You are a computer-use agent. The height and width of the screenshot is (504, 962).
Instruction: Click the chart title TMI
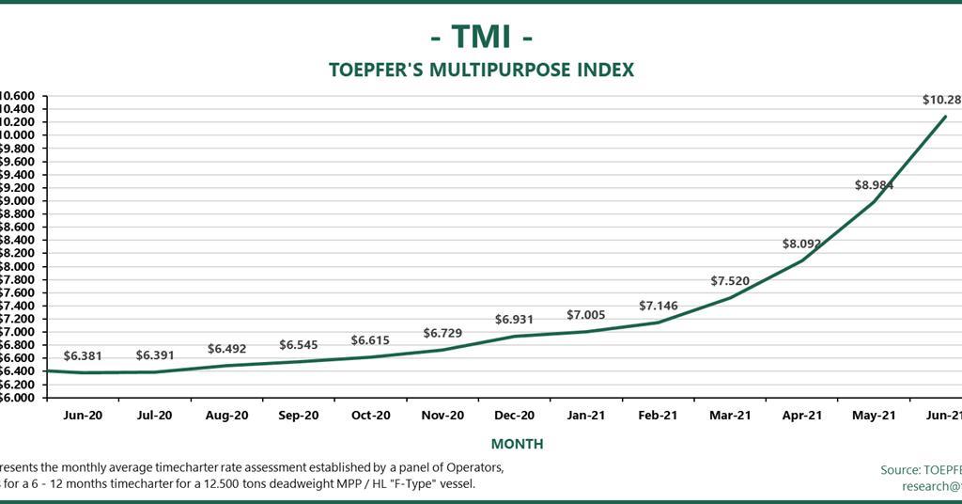point(481,36)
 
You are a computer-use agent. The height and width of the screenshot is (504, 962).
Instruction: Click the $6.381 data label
point(83,356)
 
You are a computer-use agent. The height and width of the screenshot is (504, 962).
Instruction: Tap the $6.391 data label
point(155,355)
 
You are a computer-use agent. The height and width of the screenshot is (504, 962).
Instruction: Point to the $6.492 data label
point(226,349)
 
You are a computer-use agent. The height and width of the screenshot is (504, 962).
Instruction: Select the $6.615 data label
point(370,339)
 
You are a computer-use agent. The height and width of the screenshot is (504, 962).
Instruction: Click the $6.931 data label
point(514,320)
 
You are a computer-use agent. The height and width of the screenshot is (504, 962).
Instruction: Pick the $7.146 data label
point(658,306)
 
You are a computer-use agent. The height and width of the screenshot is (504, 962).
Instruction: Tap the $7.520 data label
point(730,281)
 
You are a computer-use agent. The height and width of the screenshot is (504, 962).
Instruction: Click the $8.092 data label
point(801,244)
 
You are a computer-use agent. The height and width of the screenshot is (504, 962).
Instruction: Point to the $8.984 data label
point(873,185)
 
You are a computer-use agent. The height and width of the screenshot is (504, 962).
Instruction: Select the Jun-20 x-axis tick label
point(83,415)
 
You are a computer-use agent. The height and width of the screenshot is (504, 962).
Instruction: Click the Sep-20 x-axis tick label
point(299,415)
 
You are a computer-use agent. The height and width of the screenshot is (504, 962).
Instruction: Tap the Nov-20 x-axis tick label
point(442,415)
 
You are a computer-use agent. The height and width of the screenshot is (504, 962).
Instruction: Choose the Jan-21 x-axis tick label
point(586,415)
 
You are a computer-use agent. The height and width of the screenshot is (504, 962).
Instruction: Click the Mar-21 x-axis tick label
point(730,415)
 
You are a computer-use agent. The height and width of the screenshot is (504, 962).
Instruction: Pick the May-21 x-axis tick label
point(874,415)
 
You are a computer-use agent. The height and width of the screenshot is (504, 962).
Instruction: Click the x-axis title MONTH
point(517,443)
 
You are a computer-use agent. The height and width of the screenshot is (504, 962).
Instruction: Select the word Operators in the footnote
point(476,467)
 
